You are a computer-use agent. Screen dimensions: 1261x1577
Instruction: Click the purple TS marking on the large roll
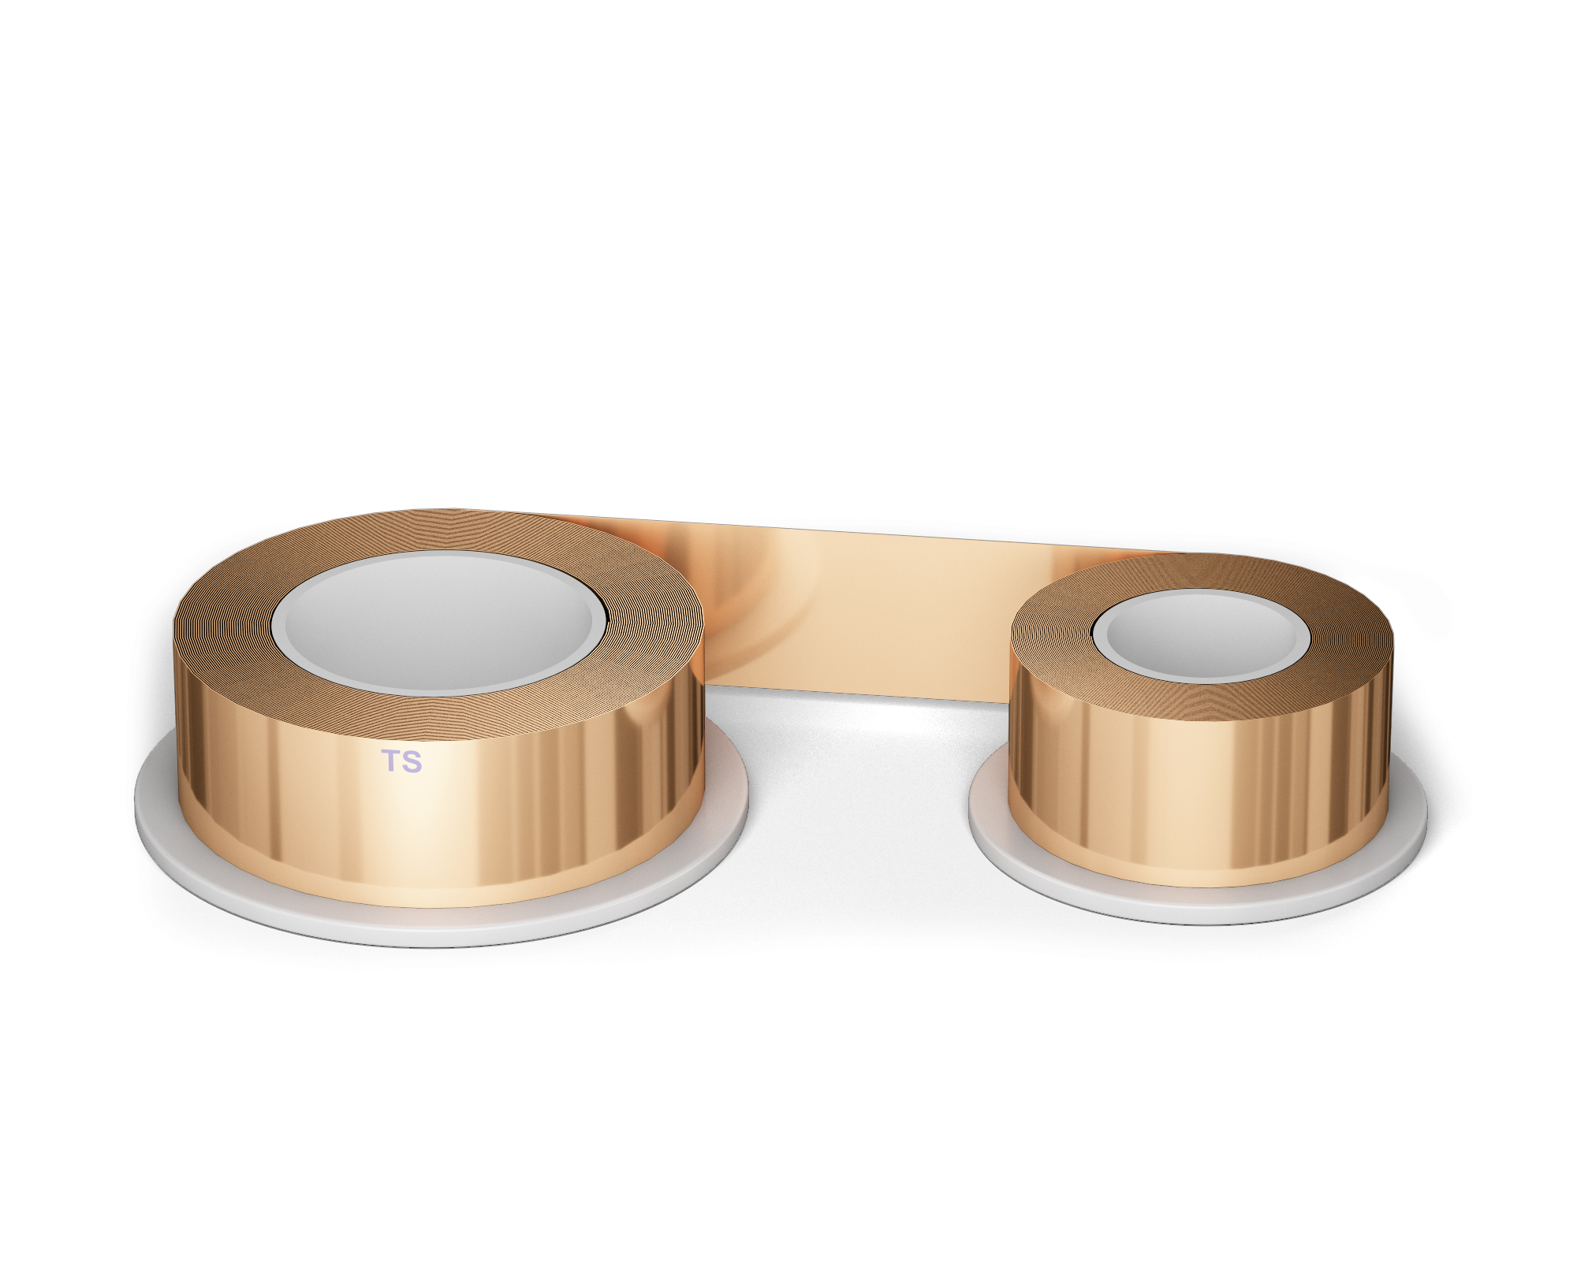click(x=401, y=761)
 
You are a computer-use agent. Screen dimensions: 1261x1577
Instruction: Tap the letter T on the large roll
click(x=391, y=761)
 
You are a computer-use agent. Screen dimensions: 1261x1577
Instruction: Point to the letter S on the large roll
click(x=412, y=761)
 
